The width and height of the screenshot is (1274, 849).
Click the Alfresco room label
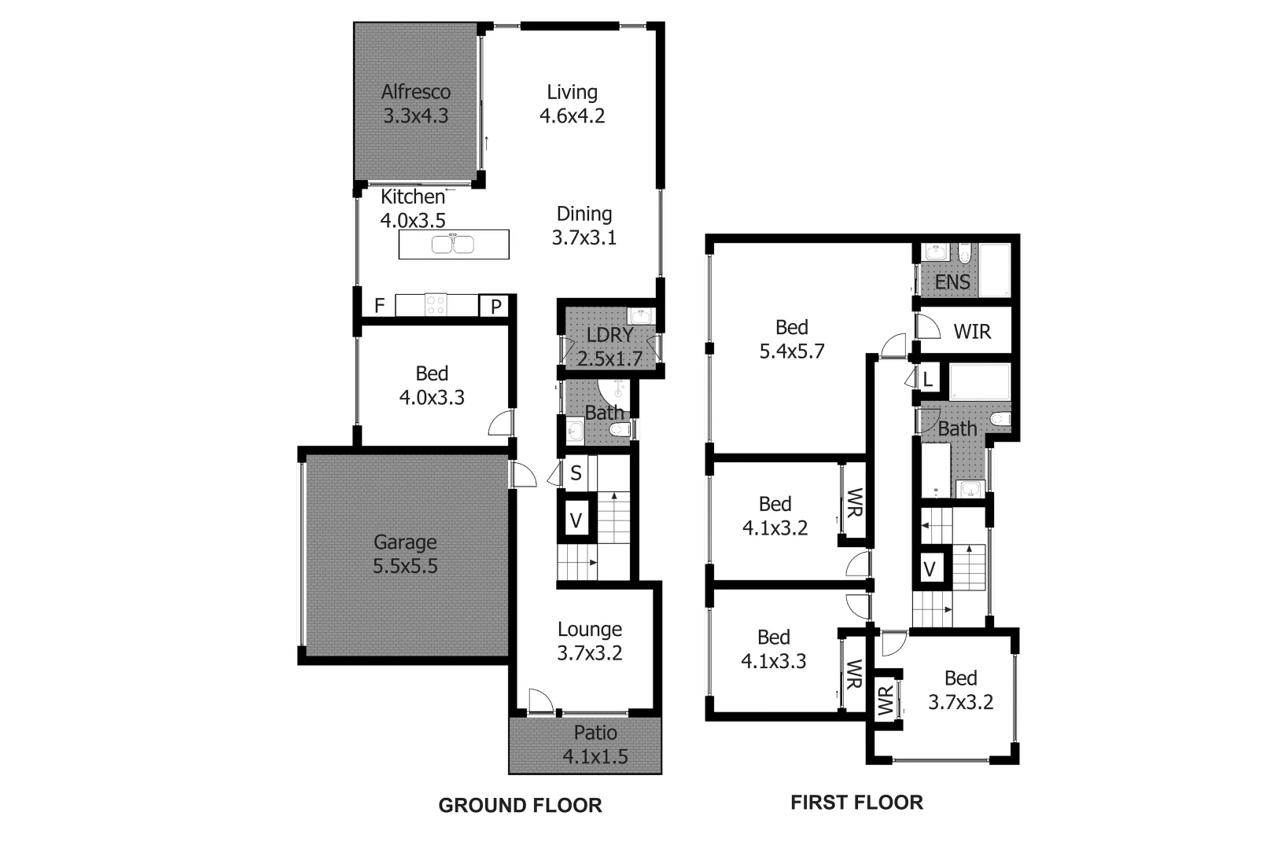(415, 92)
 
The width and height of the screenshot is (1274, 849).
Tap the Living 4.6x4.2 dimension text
(572, 116)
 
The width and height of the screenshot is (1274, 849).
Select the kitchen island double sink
(453, 244)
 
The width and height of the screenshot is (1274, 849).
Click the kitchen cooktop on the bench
(436, 304)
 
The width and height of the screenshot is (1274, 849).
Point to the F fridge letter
(379, 306)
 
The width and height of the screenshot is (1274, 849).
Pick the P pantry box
(496, 306)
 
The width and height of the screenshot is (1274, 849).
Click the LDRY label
(609, 335)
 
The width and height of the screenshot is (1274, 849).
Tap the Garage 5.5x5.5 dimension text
(405, 566)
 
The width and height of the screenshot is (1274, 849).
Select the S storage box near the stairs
(576, 473)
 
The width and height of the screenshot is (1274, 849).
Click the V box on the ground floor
(576, 520)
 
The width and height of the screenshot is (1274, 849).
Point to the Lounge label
(590, 629)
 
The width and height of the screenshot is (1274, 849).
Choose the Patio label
(595, 733)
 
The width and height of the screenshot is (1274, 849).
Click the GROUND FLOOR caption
(520, 805)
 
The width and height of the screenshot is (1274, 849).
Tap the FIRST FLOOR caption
(856, 803)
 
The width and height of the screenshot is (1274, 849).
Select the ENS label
(952, 281)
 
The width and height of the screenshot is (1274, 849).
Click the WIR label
(972, 332)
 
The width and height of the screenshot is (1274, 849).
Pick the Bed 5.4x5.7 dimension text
(791, 351)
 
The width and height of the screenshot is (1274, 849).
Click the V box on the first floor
(930, 568)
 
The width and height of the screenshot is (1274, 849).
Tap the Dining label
(584, 214)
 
